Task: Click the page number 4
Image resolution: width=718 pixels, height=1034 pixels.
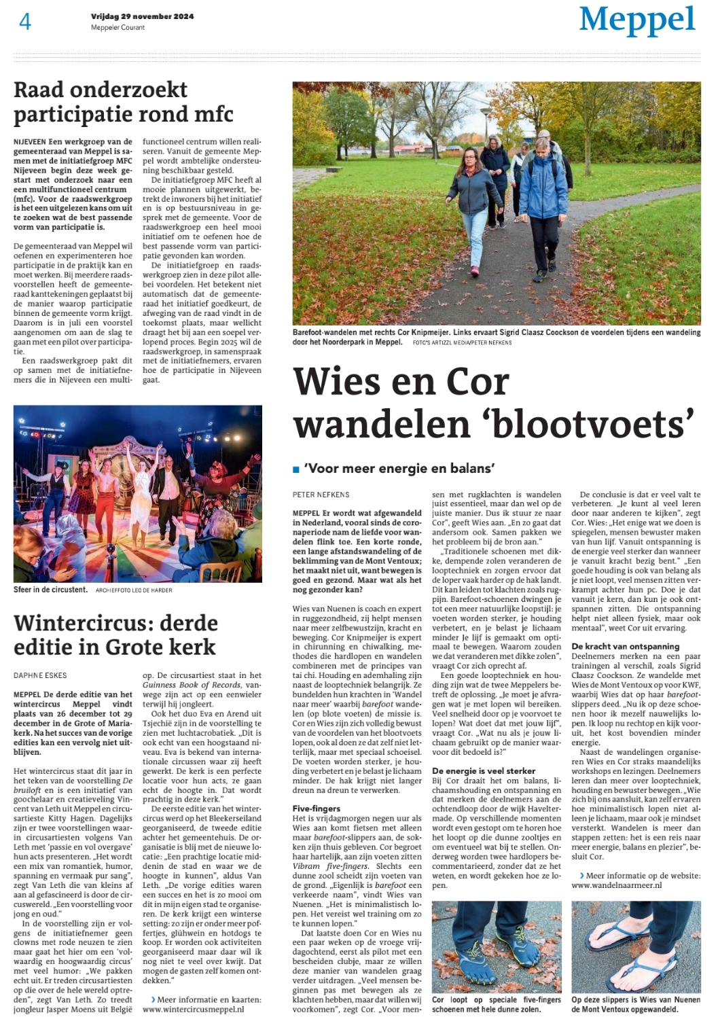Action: pyautogui.click(x=25, y=22)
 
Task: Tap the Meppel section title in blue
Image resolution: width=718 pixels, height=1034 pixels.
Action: pyautogui.click(x=637, y=20)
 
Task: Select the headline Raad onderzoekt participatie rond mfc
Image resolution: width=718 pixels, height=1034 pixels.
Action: pyautogui.click(x=124, y=102)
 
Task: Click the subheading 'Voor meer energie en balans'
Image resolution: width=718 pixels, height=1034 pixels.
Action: pyautogui.click(x=399, y=468)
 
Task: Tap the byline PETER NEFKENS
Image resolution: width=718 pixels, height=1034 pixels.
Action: pyautogui.click(x=321, y=495)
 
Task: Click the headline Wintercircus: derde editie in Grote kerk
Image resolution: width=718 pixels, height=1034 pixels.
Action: pyautogui.click(x=115, y=635)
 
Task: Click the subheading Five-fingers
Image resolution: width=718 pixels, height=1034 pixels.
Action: pyautogui.click(x=317, y=808)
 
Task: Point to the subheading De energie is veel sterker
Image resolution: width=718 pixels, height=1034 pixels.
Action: pyautogui.click(x=484, y=771)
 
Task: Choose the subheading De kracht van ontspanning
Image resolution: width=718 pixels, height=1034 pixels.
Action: pyautogui.click(x=625, y=647)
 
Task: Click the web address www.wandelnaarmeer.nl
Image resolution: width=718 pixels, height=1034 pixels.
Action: pyautogui.click(x=616, y=885)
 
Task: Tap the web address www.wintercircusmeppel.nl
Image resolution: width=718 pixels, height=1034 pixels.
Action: pyautogui.click(x=193, y=1010)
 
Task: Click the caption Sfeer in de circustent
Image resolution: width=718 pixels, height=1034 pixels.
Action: pyautogui.click(x=51, y=590)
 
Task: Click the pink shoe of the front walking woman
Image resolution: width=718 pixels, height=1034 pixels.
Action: pyautogui.click(x=475, y=270)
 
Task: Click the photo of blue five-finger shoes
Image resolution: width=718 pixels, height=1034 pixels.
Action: pyautogui.click(x=497, y=946)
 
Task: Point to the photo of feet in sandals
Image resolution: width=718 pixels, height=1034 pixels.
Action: pyautogui.click(x=636, y=946)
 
